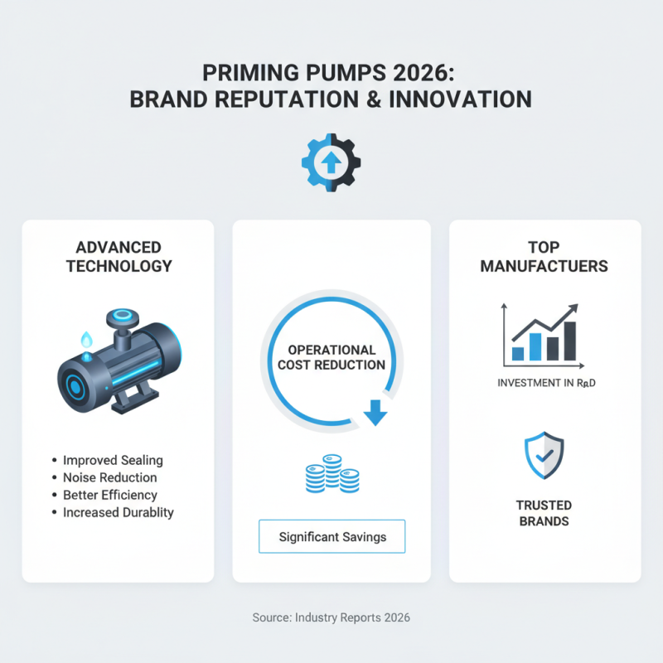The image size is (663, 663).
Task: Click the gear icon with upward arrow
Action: [x=331, y=162]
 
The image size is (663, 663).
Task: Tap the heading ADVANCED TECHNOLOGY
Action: [x=118, y=257]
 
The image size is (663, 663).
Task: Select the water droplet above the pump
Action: [x=86, y=339]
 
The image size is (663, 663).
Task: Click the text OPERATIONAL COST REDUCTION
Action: [x=331, y=357]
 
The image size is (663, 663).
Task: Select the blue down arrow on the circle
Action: [x=375, y=412]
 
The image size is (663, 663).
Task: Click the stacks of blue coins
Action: [x=331, y=475]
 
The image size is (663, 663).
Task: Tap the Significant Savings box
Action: [x=332, y=536]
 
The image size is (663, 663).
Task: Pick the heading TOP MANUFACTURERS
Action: [x=544, y=257]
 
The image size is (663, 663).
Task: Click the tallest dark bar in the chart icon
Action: [x=569, y=341]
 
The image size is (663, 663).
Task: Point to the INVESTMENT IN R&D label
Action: [x=545, y=384]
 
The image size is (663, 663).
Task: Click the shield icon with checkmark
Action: [x=544, y=455]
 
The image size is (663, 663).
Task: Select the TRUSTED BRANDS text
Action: [x=544, y=513]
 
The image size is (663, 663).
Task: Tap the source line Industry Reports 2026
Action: [x=331, y=617]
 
